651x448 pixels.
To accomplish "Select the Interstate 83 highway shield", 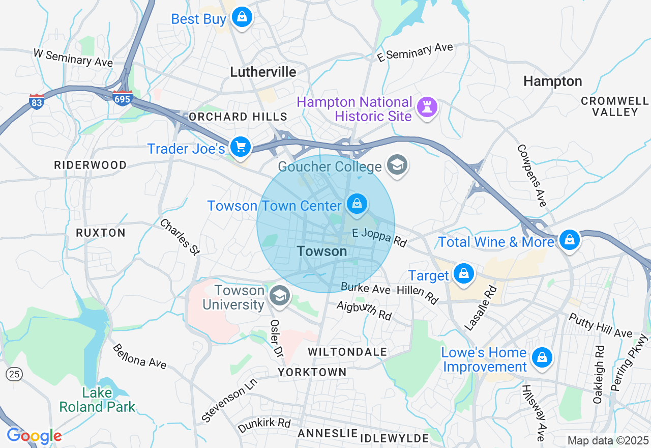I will point(36,100).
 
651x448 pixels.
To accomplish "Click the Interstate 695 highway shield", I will point(123,98).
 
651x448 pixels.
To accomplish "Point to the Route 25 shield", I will point(14,374).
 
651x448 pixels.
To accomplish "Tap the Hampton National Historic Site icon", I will point(426,107).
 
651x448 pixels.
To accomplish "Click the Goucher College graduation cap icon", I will point(397,165).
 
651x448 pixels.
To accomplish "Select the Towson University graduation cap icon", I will point(279,296).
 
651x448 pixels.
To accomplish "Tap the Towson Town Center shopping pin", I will point(357,204).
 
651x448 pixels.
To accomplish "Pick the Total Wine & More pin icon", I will point(569,240).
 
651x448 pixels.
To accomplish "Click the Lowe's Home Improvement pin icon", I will point(542,358).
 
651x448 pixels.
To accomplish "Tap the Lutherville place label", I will point(263,72).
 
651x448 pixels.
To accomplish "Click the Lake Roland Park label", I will point(97,400).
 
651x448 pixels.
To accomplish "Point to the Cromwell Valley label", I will point(614,106).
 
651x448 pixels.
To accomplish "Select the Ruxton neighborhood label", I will point(100,233).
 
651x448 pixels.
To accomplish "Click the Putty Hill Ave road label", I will point(600,325).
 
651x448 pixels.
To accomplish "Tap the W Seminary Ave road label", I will point(73,58).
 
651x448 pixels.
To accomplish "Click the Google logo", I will point(34,436).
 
